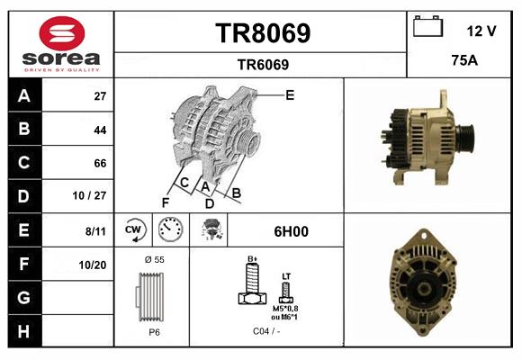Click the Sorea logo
coord(60,45)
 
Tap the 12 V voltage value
coord(481,31)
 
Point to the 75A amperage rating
coord(463,62)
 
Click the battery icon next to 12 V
coord(427,27)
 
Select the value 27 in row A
coord(100,95)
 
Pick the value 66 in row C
coord(100,163)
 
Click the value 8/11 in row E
coord(96,230)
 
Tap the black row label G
coord(23,297)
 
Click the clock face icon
coord(169,230)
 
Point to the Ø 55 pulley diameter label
coord(153,259)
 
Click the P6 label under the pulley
coord(154,331)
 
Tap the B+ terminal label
coord(253,258)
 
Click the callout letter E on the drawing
coord(290,94)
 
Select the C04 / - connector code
coord(265,331)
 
